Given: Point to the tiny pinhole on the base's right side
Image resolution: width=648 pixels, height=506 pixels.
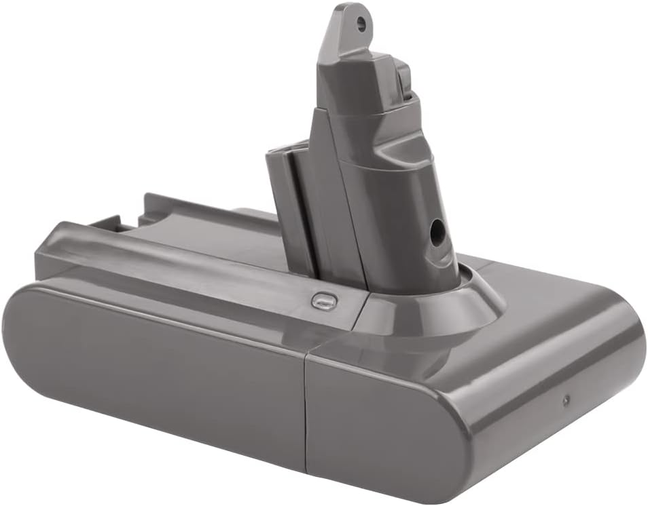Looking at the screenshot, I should pyautogui.click(x=566, y=400).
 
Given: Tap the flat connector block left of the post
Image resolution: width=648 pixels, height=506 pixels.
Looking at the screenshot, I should pyautogui.click(x=289, y=203).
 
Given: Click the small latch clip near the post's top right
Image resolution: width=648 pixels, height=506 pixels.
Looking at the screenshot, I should pyautogui.click(x=403, y=81).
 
